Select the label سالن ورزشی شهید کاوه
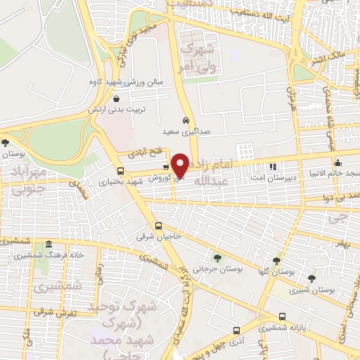click(x=131, y=82)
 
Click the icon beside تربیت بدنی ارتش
click(x=116, y=98)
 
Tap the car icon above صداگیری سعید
click(x=185, y=120)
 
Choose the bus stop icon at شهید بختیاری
click(x=120, y=171)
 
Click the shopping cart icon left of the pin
click(x=166, y=167)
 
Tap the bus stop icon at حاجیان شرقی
click(x=159, y=226)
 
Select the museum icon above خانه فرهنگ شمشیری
click(x=49, y=245)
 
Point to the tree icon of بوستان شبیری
click(x=311, y=278)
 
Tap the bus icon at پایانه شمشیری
click(x=282, y=316)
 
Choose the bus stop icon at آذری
click(x=236, y=329)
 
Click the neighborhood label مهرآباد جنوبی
click(x=28, y=180)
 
